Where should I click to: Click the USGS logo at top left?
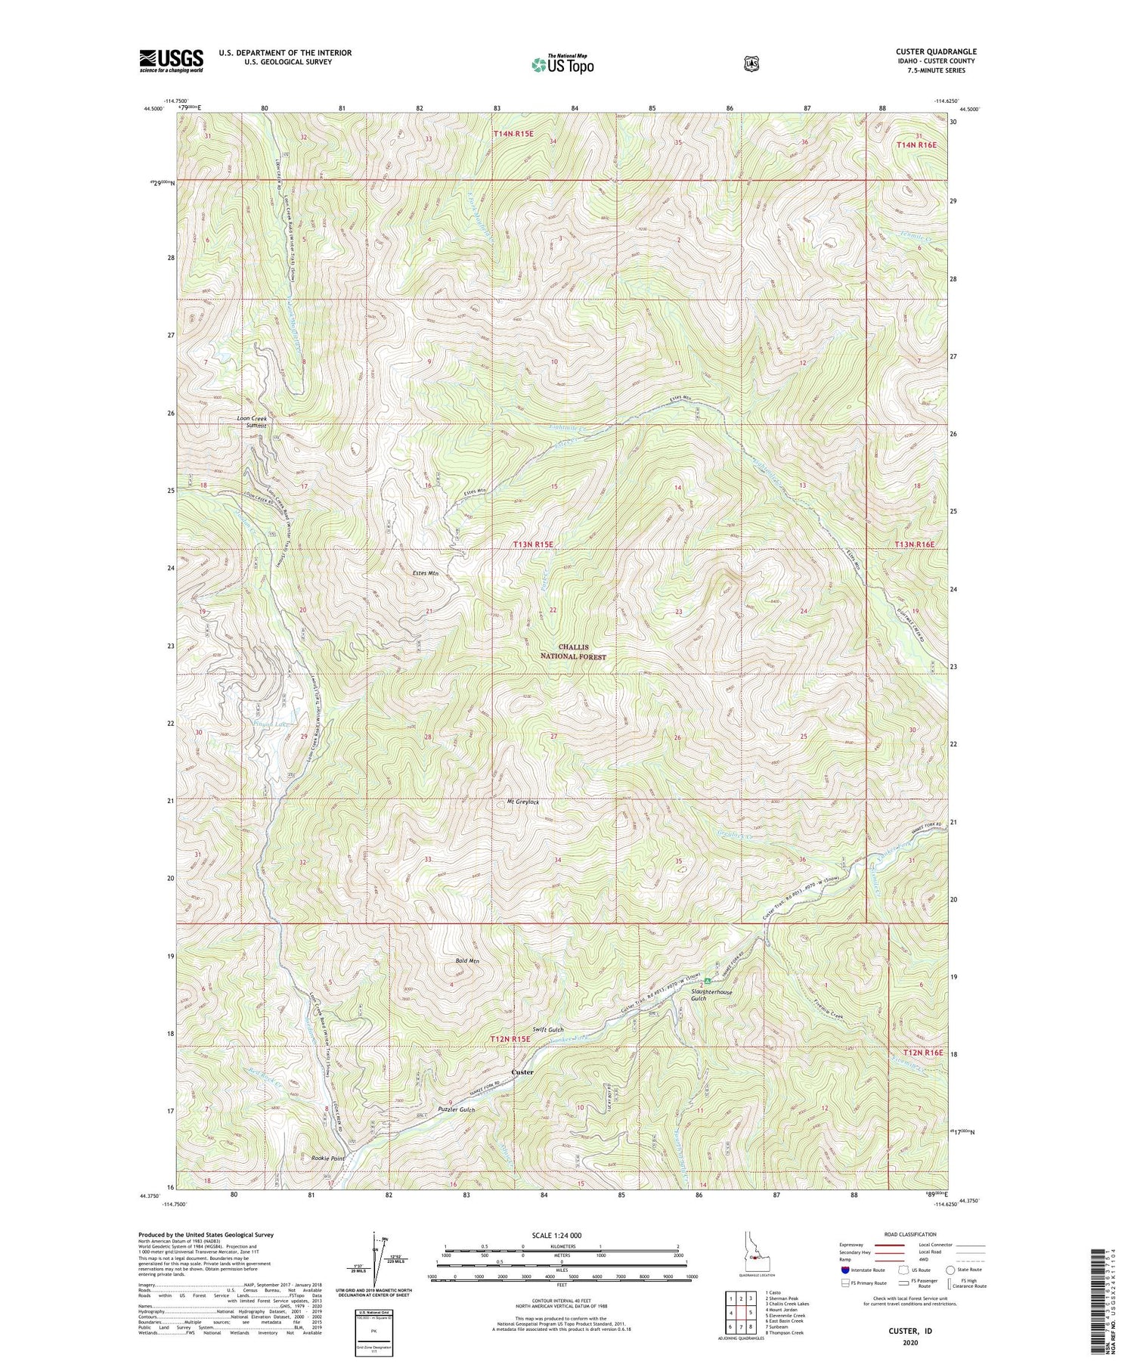pos(171,60)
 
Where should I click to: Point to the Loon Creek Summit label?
pos(252,421)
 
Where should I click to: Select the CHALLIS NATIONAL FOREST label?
pos(582,652)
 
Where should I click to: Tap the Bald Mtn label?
pos(467,960)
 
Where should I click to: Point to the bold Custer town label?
pos(522,1072)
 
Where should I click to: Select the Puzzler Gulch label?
pos(457,1109)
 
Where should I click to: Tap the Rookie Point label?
pos(327,1159)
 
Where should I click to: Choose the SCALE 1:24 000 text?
pos(562,1236)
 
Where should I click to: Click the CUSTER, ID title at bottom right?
pos(906,1328)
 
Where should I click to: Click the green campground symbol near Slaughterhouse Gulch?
pos(708,981)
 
